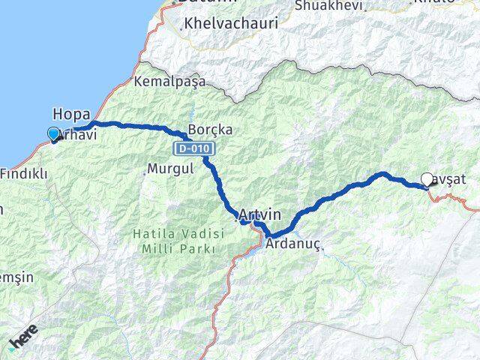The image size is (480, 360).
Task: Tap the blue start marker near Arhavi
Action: [x=53, y=134]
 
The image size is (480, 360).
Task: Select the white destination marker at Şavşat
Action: [x=427, y=179]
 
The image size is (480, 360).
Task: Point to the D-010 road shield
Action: [x=193, y=147]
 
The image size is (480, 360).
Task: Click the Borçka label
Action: [x=211, y=130]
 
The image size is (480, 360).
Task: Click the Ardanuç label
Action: [x=294, y=244]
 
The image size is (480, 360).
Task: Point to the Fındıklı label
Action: [x=24, y=174]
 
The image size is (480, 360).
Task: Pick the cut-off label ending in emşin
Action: [x=16, y=277]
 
